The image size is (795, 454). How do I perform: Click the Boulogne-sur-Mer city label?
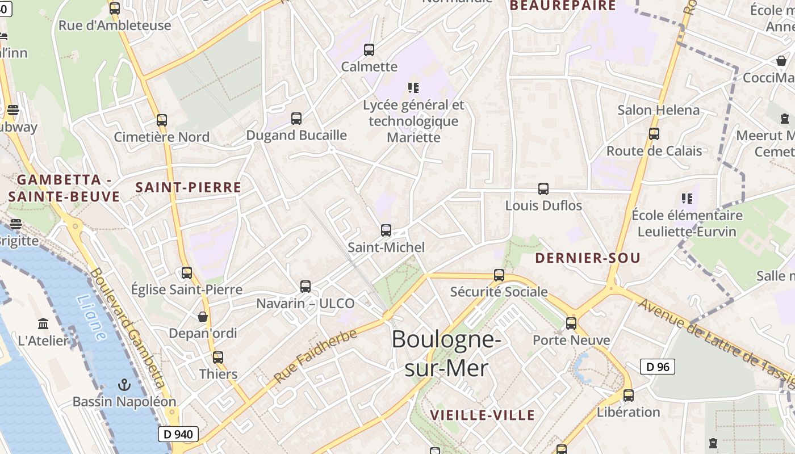click(446, 354)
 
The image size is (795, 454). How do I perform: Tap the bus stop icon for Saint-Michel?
click(386, 230)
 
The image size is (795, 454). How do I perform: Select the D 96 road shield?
click(658, 367)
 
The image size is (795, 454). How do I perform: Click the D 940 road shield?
click(178, 435)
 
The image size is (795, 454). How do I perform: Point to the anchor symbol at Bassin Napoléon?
click(124, 385)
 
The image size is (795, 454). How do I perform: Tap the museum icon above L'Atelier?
click(43, 324)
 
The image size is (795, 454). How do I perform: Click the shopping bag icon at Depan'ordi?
click(203, 316)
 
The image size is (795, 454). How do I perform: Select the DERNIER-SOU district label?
click(588, 258)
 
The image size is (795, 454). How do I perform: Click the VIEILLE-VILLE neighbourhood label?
click(482, 415)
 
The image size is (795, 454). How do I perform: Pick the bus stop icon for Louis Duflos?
click(543, 188)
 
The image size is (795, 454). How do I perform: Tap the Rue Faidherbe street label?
click(315, 356)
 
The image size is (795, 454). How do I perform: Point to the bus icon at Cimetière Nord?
click(162, 120)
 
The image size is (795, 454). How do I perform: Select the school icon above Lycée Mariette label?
click(413, 88)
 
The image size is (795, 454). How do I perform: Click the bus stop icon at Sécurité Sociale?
click(499, 275)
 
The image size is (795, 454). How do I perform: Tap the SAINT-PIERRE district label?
click(189, 187)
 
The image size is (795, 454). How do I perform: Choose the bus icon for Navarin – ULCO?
click(306, 287)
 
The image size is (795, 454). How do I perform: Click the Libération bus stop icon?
click(629, 396)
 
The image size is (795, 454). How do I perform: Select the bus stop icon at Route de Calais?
click(654, 134)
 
